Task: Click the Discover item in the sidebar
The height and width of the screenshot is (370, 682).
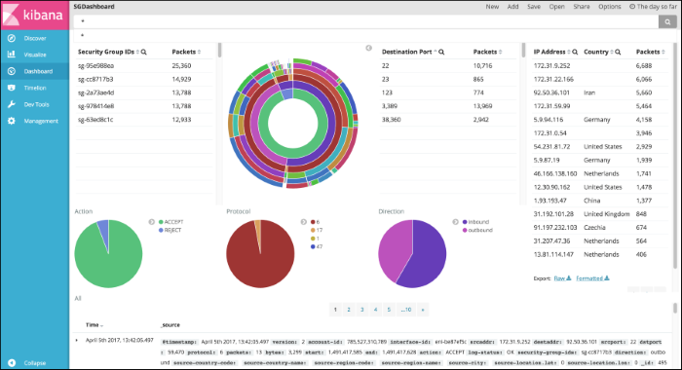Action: [x=34, y=38]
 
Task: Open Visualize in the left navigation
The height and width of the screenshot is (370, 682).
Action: [x=35, y=55]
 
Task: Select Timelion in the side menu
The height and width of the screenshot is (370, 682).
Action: [x=35, y=88]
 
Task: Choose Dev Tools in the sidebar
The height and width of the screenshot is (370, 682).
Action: [x=36, y=104]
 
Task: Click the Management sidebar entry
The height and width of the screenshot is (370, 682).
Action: [x=41, y=121]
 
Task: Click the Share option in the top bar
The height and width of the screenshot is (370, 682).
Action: [x=582, y=6]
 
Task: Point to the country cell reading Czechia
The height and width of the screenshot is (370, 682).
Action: [x=595, y=225]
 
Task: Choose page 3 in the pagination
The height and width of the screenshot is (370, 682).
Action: [x=361, y=309]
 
